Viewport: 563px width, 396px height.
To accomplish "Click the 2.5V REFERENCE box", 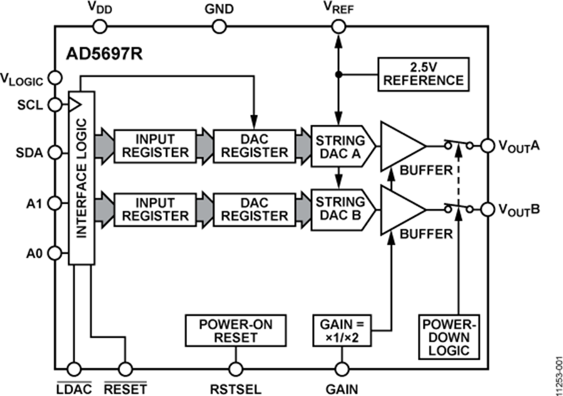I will pos(424,73).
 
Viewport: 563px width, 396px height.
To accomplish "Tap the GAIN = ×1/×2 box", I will pos(342,330).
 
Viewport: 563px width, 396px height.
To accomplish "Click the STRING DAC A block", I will pos(342,145).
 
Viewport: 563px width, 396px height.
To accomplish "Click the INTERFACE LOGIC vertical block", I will pos(81,177).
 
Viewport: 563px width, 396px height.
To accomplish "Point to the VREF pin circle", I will pos(338,26).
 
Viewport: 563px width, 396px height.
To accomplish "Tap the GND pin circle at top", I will pos(219,26).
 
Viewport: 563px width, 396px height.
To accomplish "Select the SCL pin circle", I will pos(55,104).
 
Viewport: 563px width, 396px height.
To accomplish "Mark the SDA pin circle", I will pos(55,152).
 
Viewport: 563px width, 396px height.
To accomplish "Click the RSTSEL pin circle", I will pos(236,368).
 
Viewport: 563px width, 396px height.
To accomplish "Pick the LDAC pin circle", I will pos(74,368).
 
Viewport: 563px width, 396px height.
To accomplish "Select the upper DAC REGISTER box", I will pos(253,145).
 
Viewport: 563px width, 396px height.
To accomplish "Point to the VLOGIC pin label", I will pos(23,78).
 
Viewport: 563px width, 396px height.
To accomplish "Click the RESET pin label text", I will pos(126,388).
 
